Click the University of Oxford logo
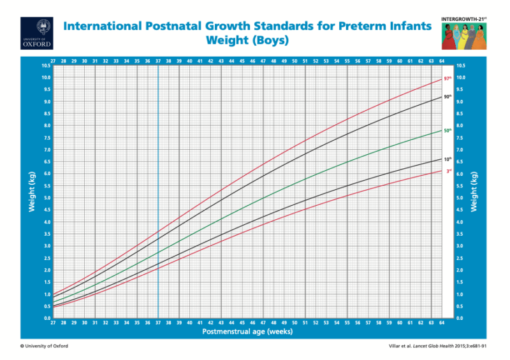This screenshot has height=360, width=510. [37, 33]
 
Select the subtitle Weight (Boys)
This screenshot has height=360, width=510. [247, 41]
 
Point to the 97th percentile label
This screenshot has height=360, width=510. [448, 78]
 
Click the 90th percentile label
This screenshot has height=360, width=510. [448, 96]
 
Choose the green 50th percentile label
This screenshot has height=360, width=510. [448, 130]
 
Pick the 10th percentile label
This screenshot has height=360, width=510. [448, 159]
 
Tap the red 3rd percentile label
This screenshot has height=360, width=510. [448, 171]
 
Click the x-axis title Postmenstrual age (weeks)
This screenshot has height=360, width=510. [247, 332]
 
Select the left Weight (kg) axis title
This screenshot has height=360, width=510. [30, 192]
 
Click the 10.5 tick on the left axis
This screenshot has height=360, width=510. [46, 66]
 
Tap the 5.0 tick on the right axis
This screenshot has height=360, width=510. [461, 198]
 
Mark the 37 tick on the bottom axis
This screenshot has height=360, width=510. [158, 323]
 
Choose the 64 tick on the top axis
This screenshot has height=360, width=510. [442, 61]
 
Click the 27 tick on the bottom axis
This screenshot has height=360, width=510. [54, 323]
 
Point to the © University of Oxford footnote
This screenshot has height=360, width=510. [44, 346]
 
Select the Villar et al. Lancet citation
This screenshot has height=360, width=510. [441, 346]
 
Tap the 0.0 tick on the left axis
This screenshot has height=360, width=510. [46, 318]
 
